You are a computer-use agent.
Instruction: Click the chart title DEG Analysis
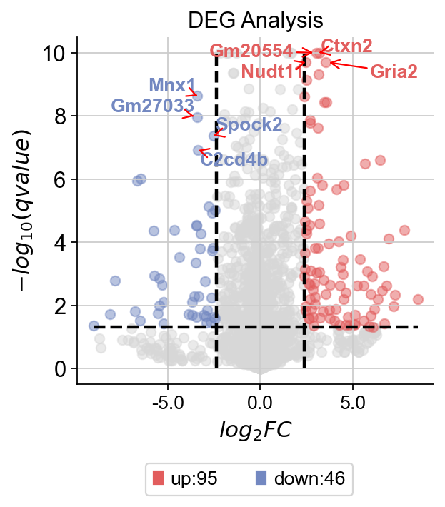[x=255, y=19]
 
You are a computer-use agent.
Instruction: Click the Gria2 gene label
[x=394, y=71]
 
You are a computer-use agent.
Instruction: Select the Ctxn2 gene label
[x=346, y=46]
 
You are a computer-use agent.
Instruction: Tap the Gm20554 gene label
[x=251, y=51]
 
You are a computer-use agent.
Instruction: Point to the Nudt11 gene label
[x=272, y=71]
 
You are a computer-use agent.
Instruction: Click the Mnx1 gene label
[x=171, y=86]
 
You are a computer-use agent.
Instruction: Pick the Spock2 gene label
[x=249, y=125]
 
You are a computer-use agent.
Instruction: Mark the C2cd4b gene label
[x=234, y=159]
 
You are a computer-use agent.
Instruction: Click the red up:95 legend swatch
[x=159, y=479]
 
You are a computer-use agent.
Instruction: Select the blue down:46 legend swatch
[x=261, y=479]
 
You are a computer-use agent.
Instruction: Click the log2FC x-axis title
[x=256, y=431]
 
